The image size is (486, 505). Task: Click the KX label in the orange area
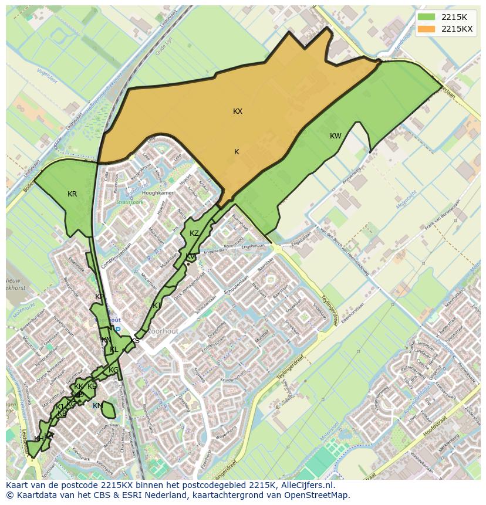point(238,111)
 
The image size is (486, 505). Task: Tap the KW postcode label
point(335,136)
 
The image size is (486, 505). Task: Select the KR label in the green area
point(72,194)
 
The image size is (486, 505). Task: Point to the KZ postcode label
point(194,233)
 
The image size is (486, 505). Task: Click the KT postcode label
point(157,306)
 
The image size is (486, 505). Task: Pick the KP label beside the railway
point(99,297)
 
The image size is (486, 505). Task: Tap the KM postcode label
point(97,406)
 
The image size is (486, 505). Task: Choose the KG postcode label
point(113,370)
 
